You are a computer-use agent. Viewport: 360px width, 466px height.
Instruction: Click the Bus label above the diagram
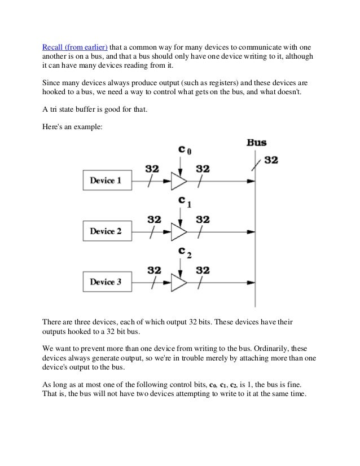(x=257, y=142)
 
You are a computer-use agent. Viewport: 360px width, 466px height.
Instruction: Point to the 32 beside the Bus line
(x=271, y=160)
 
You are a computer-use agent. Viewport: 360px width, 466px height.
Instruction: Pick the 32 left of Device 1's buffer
(x=152, y=169)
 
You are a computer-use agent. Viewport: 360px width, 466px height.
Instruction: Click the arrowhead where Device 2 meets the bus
(x=252, y=231)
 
